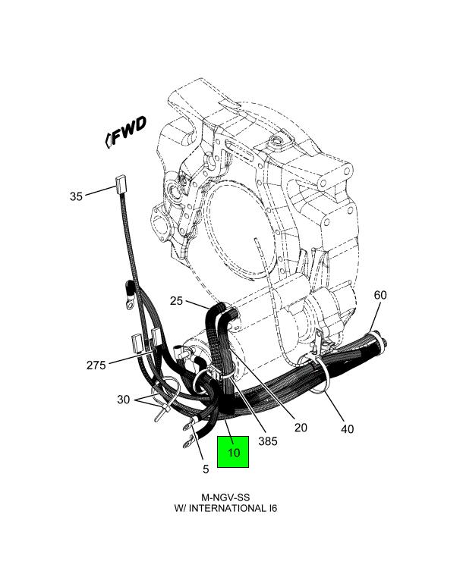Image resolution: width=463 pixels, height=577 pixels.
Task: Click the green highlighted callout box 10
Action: pyautogui.click(x=233, y=453)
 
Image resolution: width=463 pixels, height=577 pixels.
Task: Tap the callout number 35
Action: pyautogui.click(x=75, y=196)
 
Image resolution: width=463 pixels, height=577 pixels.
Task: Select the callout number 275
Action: pyautogui.click(x=96, y=365)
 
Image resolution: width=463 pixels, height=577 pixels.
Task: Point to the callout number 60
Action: pyautogui.click(x=380, y=295)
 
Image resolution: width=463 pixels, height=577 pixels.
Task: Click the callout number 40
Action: pyautogui.click(x=347, y=429)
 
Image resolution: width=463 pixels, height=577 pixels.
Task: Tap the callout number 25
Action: pyautogui.click(x=176, y=301)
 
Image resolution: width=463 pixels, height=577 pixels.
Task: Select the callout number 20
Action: pyautogui.click(x=301, y=428)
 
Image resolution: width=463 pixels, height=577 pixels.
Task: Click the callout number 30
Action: pyautogui.click(x=123, y=400)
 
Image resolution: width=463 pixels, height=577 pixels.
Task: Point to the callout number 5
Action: pyautogui.click(x=205, y=469)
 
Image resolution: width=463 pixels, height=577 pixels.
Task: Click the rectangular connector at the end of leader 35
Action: pyautogui.click(x=119, y=183)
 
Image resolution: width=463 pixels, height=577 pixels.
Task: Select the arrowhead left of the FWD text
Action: pyautogui.click(x=109, y=139)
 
